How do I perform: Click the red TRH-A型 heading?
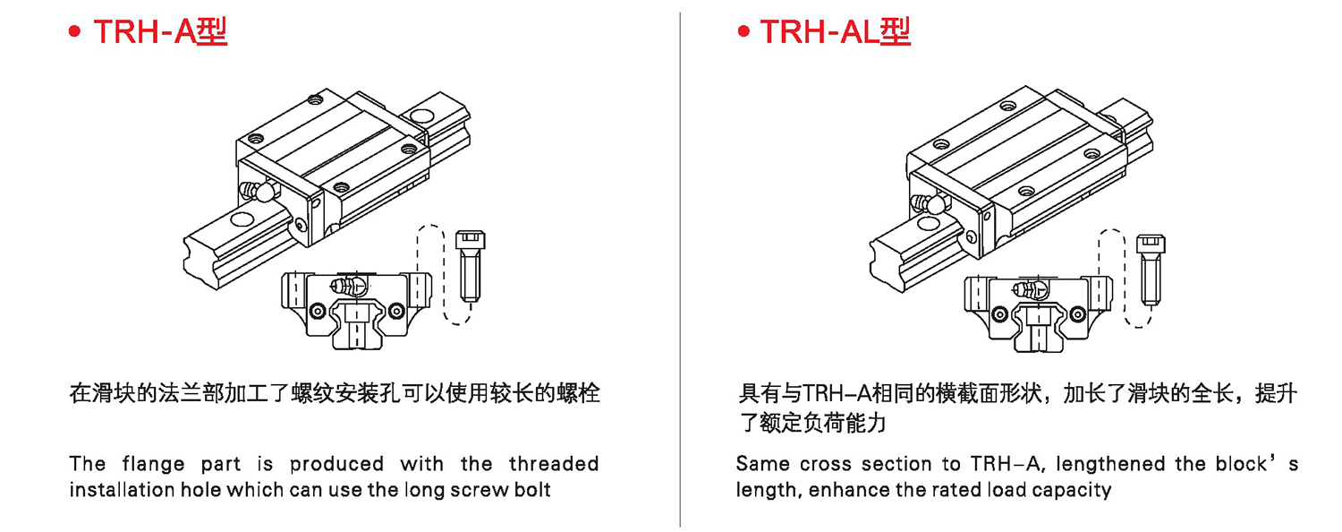(160, 31)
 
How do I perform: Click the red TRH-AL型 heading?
(835, 31)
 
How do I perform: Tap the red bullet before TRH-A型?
(74, 31)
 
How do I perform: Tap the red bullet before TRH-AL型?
(743, 31)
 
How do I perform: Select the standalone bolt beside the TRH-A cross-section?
(471, 267)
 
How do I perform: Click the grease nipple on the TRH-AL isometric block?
(930, 204)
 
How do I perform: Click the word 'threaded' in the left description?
(554, 464)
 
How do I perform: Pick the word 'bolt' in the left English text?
(534, 490)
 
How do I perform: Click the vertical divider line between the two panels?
(680, 270)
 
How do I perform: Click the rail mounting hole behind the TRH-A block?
(422, 115)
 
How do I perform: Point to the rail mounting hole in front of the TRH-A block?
(242, 219)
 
